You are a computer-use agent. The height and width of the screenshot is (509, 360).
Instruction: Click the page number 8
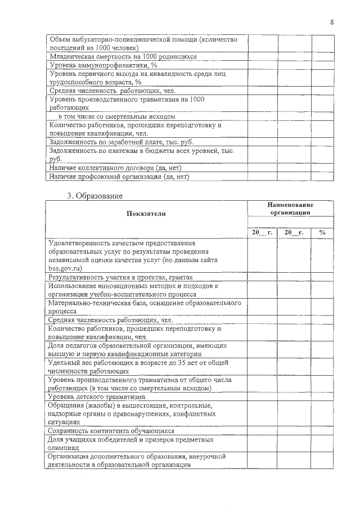(331, 22)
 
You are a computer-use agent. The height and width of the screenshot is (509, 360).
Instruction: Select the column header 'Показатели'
(146, 214)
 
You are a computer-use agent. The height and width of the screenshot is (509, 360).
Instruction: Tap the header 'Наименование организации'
(290, 209)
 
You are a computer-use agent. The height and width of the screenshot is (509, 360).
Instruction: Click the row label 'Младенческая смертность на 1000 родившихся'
(123, 57)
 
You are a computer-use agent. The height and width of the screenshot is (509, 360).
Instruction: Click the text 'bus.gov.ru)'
(66, 268)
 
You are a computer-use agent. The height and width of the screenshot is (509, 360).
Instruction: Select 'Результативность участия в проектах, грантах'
(121, 277)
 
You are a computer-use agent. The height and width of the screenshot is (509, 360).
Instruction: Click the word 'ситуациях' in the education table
(65, 421)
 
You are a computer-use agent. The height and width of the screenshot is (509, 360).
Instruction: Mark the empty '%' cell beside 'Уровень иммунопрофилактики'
(322, 65)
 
